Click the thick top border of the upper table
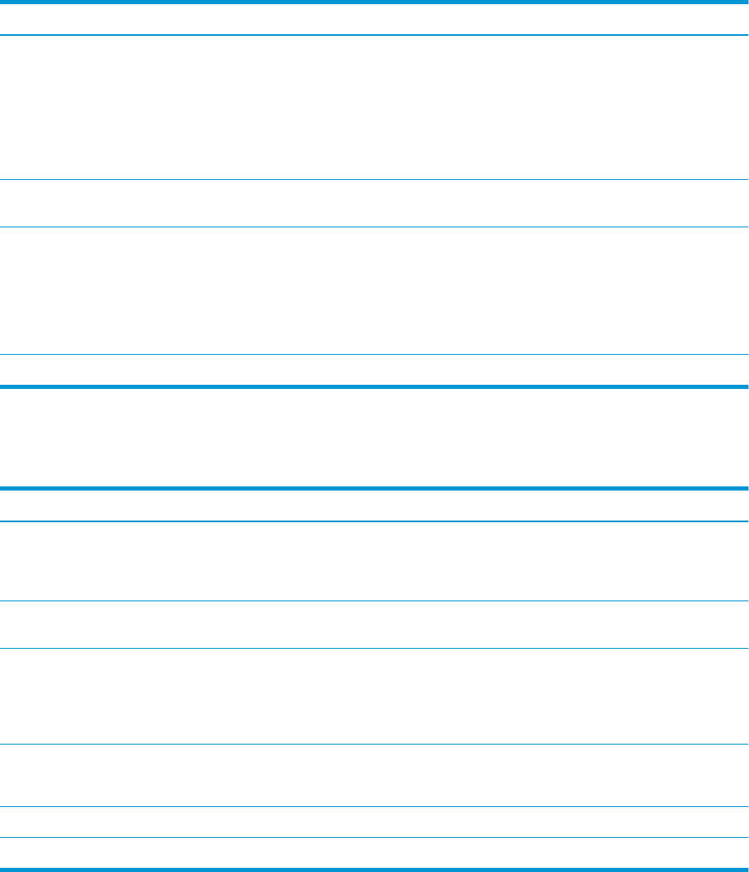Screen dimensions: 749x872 tap(374, 2)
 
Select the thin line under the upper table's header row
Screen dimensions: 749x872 tap(374, 35)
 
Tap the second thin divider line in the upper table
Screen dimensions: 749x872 tap(374, 179)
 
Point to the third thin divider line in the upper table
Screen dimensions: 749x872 tap(374, 227)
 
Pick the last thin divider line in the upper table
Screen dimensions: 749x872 tap(374, 355)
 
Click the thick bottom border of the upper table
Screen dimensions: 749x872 tap(374, 386)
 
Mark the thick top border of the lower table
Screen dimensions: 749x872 tap(374, 488)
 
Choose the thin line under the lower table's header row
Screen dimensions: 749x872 tap(374, 521)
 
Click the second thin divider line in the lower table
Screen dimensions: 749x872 tap(374, 601)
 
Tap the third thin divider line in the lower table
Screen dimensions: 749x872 tap(374, 649)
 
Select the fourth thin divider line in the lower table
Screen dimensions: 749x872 tap(374, 744)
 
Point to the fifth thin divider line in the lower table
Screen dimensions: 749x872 tap(374, 806)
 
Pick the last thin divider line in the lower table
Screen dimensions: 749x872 tap(374, 838)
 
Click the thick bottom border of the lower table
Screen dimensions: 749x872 tap(374, 870)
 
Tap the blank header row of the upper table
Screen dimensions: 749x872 tap(374, 18)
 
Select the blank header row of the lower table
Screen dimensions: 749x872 tap(374, 505)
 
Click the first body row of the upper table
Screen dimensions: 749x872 tap(374, 107)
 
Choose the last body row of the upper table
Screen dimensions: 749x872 tap(374, 371)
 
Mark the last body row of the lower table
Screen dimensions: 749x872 tap(374, 854)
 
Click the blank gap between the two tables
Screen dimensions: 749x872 tap(374, 437)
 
